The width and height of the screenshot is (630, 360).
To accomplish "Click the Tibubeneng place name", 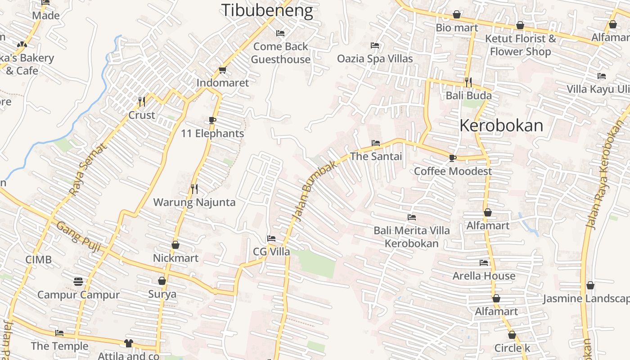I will pos(267,11).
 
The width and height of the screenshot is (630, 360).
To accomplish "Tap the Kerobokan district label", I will pos(501,126).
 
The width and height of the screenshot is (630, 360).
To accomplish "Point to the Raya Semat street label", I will pos(89,169).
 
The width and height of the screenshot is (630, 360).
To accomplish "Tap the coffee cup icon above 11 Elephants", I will pos(212,120).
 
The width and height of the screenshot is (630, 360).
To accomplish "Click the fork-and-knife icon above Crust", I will pos(142,102).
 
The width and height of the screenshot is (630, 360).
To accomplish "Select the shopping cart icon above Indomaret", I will pos(222,70).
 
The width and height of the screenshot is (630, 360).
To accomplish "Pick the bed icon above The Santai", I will pos(376,143).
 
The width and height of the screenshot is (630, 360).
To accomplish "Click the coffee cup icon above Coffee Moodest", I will pos(453,158).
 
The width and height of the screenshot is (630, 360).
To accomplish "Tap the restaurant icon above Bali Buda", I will pos(468,82).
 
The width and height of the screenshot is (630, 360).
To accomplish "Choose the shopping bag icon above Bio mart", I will pos(457,15).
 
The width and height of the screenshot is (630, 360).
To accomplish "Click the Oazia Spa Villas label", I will pos(375,58).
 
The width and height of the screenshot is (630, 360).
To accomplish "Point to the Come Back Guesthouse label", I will pos(281,53).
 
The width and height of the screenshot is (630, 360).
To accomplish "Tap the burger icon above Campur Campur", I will pos(78,282).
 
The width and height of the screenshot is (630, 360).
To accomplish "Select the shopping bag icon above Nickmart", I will pos(175,245).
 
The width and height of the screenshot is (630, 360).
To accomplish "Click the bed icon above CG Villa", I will pos(271,238).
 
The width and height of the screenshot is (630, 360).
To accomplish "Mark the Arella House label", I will pos(484,275).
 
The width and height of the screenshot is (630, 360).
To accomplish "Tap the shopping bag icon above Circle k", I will pos(512,335).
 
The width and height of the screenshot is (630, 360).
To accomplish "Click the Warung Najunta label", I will pos(194,202).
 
